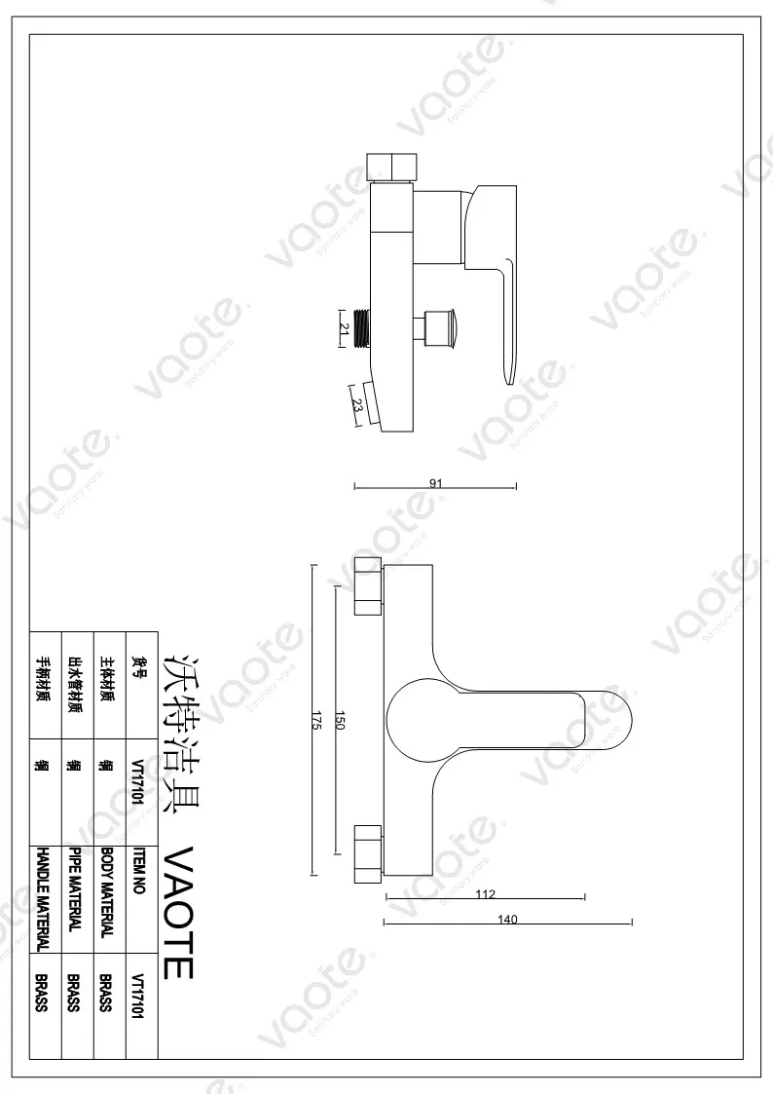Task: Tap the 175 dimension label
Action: (316, 721)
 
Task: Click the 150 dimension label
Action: (341, 721)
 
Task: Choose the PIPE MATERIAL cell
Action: (75, 889)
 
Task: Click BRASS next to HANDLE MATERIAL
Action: (42, 993)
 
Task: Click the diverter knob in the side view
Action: (444, 326)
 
